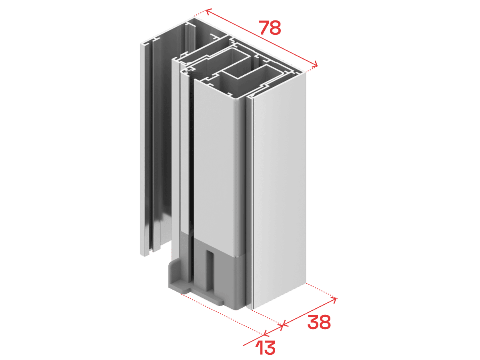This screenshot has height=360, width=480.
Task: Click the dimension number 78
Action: pyautogui.click(x=270, y=28)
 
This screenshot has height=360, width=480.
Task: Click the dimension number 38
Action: pyautogui.click(x=319, y=322)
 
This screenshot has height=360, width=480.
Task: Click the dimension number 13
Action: pyautogui.click(x=265, y=348)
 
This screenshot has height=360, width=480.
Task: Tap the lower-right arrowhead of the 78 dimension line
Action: pyautogui.click(x=314, y=64)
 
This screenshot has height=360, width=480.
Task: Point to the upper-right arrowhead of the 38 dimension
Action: pyautogui.click(x=334, y=300)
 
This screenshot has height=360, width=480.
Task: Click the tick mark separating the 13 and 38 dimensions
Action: pyautogui.click(x=282, y=325)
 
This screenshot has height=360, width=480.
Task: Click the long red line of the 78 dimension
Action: pyautogui.click(x=262, y=38)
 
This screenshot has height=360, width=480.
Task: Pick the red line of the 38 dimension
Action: pyautogui.click(x=309, y=312)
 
